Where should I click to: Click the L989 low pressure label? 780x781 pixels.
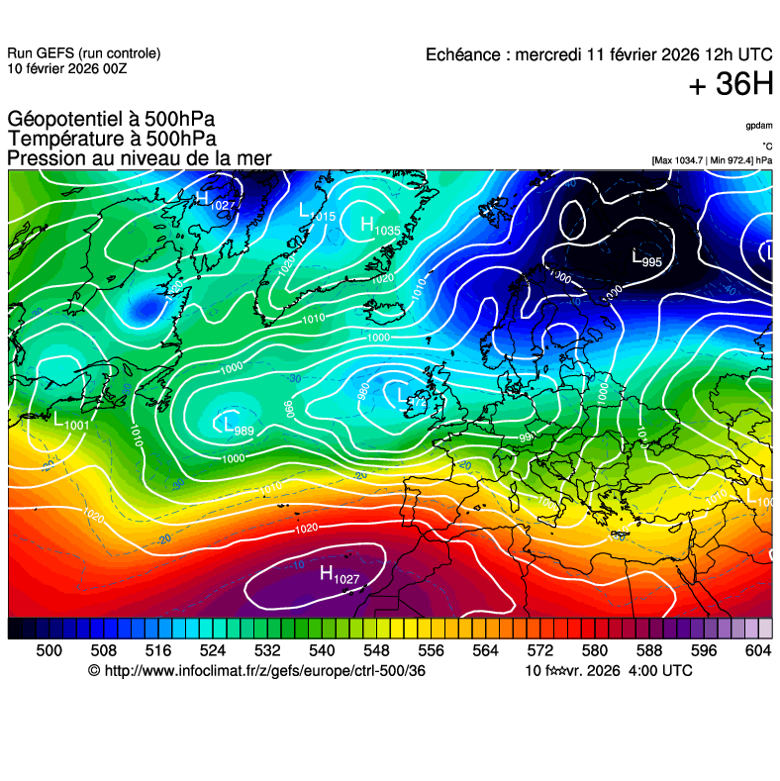click(x=239, y=427)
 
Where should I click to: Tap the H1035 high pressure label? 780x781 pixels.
click(x=380, y=227)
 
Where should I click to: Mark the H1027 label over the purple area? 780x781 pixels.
click(x=339, y=574)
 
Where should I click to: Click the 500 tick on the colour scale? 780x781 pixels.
click(x=49, y=650)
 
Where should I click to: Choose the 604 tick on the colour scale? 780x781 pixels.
click(x=757, y=650)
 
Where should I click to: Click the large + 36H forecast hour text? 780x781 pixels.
click(x=731, y=85)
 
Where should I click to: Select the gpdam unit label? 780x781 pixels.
click(x=759, y=126)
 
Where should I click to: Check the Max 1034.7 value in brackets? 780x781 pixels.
click(x=680, y=159)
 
